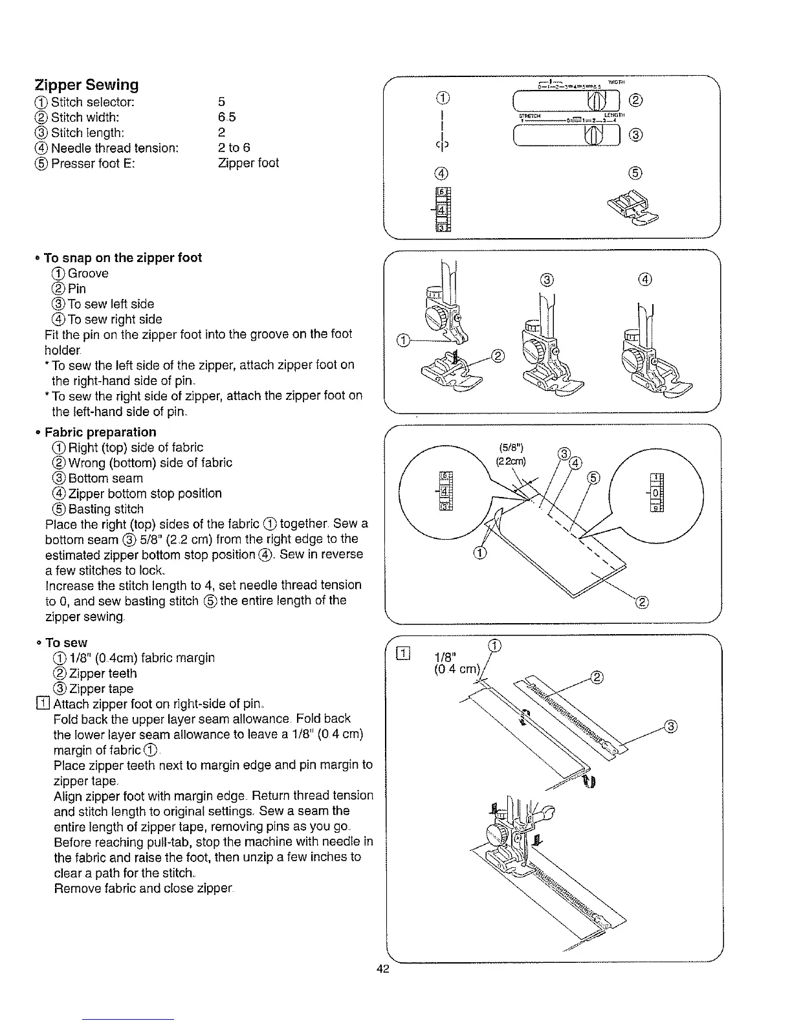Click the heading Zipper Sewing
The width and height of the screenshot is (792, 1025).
86,85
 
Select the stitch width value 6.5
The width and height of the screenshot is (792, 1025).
227,117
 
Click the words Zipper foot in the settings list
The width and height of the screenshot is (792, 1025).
248,163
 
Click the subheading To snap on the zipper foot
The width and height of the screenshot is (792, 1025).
123,258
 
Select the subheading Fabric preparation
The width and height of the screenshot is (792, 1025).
100,432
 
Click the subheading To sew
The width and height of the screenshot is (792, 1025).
66,643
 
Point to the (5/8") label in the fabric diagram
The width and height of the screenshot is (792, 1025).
511,446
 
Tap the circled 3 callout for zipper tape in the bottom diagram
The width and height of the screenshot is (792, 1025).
671,726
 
